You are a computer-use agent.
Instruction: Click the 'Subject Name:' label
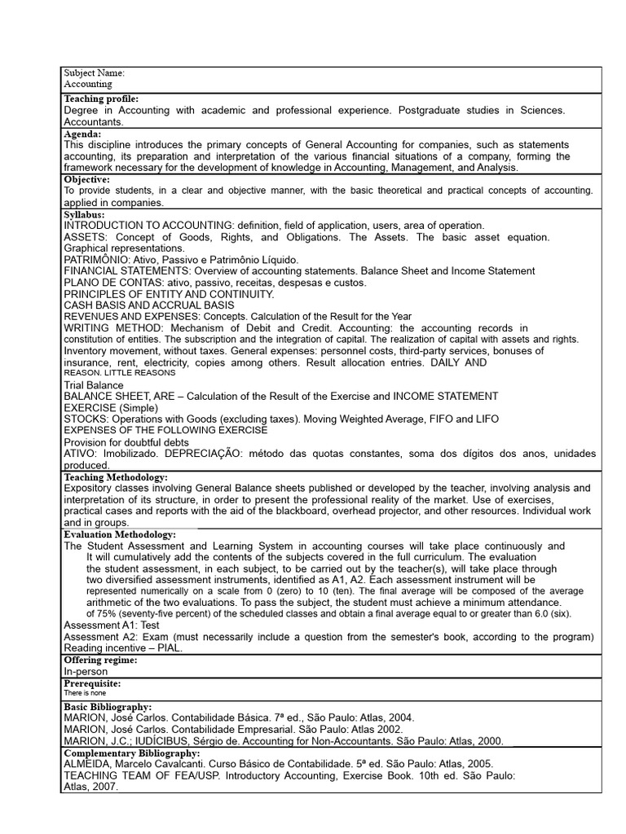[x=95, y=73]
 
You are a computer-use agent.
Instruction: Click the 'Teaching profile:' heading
[x=102, y=99]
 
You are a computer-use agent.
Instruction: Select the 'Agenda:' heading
[x=83, y=134]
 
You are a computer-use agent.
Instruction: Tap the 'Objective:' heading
[x=87, y=179]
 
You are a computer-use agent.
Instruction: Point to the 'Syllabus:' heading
[x=85, y=214]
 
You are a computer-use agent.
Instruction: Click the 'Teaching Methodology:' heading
[x=116, y=476]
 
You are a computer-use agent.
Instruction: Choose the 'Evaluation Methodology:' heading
[x=120, y=534]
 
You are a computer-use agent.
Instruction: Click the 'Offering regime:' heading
[x=100, y=660]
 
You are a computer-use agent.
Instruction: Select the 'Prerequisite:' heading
[x=92, y=683]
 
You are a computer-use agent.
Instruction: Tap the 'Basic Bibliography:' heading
[x=108, y=707]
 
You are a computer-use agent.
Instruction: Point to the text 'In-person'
[x=86, y=672]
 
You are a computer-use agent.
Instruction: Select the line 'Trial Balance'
[x=94, y=385]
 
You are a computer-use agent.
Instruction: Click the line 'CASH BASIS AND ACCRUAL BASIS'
[x=144, y=305]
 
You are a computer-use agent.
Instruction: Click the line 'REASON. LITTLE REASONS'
[x=120, y=372]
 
